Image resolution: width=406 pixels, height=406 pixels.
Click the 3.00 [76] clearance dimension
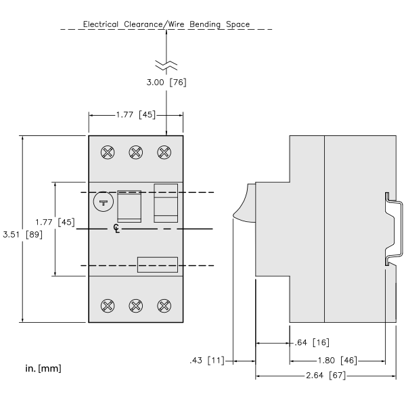pos(166,83)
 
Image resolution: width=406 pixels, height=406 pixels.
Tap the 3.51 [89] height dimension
pos(22,235)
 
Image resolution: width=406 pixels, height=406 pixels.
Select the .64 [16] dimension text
pos(312,342)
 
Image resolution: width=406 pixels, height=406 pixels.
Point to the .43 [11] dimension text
pos(207,360)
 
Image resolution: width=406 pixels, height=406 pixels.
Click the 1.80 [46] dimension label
pos(337,361)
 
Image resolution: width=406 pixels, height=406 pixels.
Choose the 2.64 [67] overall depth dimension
pos(325,375)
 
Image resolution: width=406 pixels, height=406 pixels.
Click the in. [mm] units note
pos(43,368)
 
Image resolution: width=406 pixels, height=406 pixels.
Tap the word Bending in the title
pos(205,24)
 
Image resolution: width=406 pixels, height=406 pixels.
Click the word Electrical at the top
pos(100,24)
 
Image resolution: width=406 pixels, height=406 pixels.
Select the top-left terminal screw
pos(108,152)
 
